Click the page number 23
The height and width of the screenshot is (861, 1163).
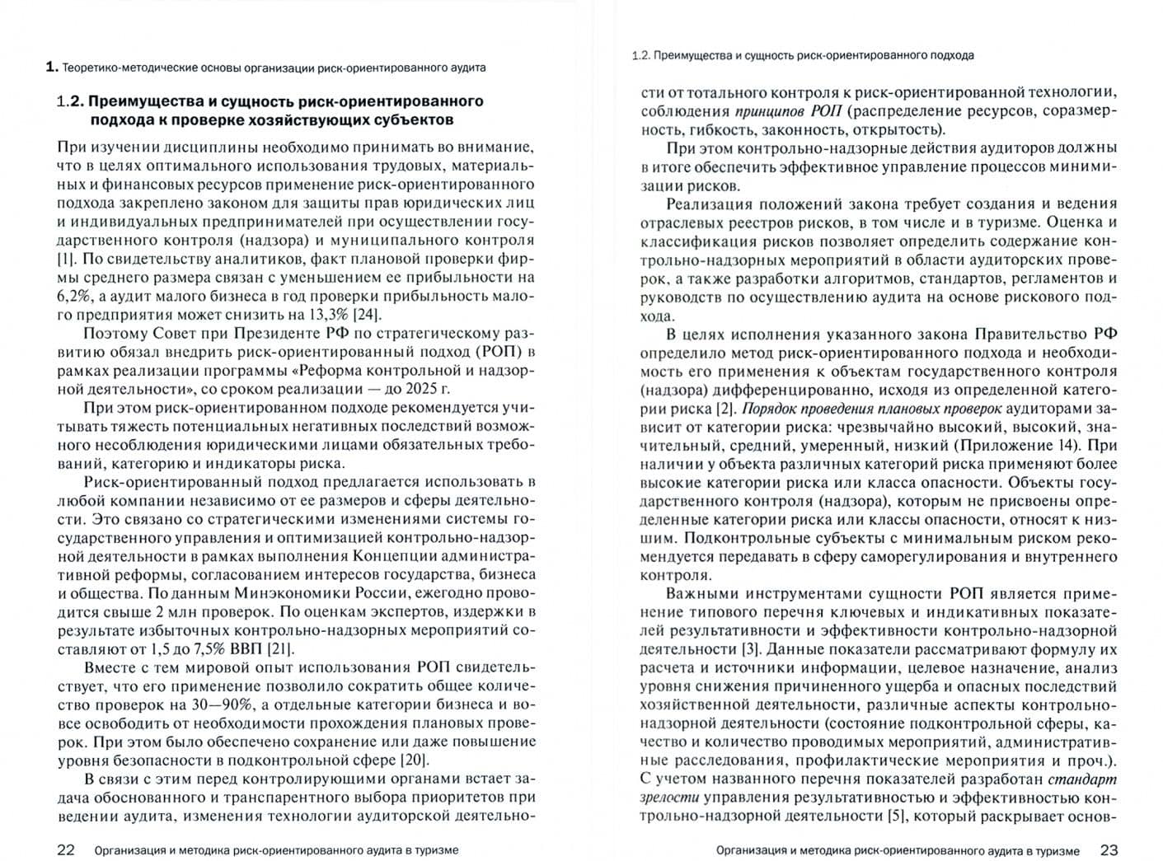[x=1109, y=849]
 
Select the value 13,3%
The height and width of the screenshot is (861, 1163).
[x=327, y=315]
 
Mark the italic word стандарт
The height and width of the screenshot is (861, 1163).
[x=1082, y=779]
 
